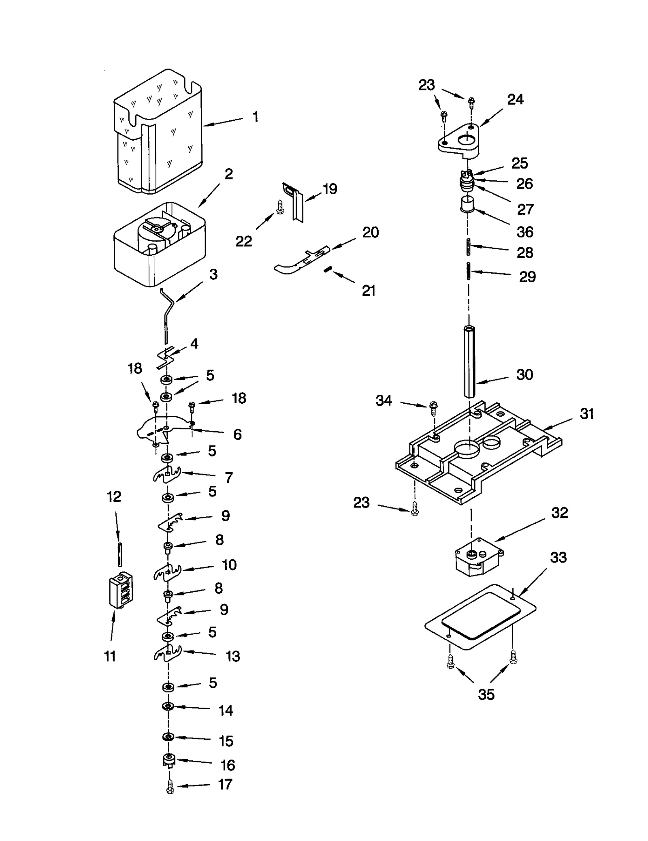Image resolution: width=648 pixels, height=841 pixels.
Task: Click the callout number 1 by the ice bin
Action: coord(255,117)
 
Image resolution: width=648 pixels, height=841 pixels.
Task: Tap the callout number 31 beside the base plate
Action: coord(586,414)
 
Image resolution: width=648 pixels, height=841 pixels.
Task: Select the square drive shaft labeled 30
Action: coord(469,361)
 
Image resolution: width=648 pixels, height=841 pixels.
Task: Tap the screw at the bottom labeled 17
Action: coord(170,788)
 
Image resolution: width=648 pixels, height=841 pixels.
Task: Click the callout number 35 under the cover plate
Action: coord(486,695)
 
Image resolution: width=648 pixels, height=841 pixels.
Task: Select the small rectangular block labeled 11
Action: coord(121,590)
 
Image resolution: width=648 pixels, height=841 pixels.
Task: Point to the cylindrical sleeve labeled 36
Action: coord(467,204)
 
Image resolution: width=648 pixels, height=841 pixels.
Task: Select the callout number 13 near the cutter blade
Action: coord(232,657)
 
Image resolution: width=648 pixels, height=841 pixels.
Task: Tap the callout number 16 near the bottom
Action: coord(228,766)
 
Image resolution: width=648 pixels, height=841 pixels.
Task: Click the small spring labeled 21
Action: coord(328,270)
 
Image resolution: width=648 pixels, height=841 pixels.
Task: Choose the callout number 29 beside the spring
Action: coord(527,277)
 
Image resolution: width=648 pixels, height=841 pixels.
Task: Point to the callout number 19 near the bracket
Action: coord(330,189)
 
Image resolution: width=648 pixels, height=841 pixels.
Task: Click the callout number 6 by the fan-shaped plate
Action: coord(237,434)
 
